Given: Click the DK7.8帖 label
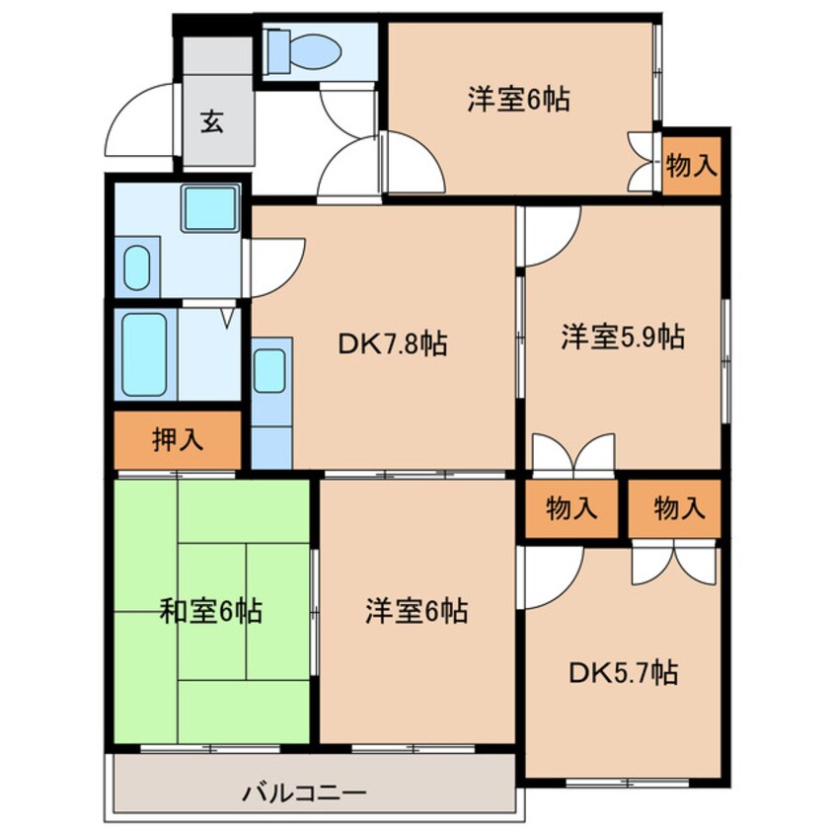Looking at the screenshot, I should [x=392, y=344].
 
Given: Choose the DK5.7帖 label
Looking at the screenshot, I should [x=622, y=673].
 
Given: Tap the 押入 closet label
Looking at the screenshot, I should [x=178, y=440].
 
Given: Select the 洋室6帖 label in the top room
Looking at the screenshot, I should [x=519, y=100].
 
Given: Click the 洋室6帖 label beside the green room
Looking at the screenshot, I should [x=416, y=612].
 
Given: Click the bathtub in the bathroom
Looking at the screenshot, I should [x=144, y=353].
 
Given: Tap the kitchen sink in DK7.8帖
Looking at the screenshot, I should [x=269, y=371].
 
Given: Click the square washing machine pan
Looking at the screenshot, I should [x=208, y=209].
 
